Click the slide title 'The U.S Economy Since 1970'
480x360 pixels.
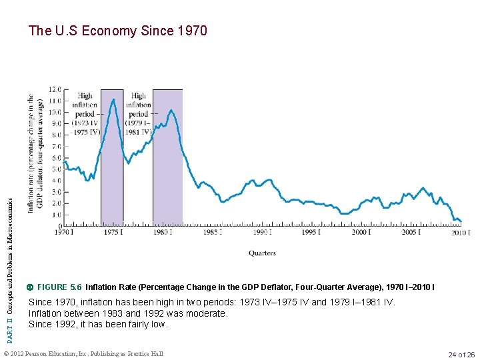[x=118, y=31]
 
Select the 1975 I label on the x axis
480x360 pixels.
[x=113, y=232]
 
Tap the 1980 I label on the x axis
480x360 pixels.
[x=163, y=232]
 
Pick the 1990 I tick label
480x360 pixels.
[x=261, y=232]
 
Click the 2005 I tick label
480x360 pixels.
[x=410, y=232]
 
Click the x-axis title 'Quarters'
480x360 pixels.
[x=262, y=253]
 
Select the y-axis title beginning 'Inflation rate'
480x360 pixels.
[x=35, y=153]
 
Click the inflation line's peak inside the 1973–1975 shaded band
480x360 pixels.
[x=113, y=99]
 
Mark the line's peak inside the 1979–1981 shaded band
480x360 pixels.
[x=171, y=110]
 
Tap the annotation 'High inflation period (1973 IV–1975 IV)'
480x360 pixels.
[x=85, y=114]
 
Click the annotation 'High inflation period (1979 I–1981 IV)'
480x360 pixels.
[x=139, y=114]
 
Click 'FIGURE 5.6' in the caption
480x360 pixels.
[x=59, y=287]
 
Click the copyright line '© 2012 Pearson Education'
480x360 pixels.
[x=83, y=353]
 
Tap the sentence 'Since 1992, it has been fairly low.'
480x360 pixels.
[x=98, y=325]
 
